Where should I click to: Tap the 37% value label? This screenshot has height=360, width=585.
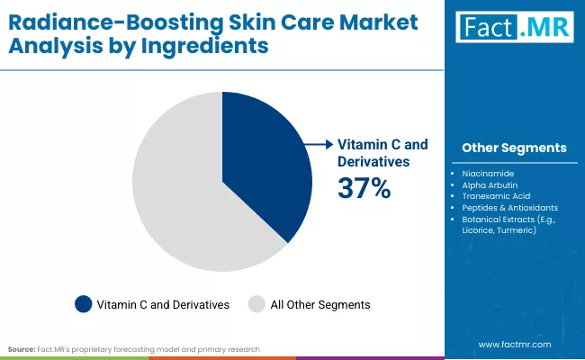pos(364,188)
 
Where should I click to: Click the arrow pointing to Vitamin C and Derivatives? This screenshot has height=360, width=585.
pos(317,144)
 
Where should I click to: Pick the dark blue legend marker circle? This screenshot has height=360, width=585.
pos(83,304)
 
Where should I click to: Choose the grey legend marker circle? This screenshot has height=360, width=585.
pos(256,304)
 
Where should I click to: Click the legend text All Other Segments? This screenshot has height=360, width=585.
pos(319,304)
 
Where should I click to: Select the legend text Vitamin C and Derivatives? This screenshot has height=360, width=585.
pos(163,304)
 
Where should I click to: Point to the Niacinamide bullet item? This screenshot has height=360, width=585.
pos(487,171)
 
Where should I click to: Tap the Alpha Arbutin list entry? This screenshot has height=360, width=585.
pos(490,183)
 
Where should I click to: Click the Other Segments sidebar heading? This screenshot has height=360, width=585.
pos(514,148)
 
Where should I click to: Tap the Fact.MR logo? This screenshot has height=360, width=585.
pos(513,28)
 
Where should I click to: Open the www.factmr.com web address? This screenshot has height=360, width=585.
pos(514,345)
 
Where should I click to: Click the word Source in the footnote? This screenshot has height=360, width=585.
pos(22,348)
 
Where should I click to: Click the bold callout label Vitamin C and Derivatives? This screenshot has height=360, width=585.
pos(382,152)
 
